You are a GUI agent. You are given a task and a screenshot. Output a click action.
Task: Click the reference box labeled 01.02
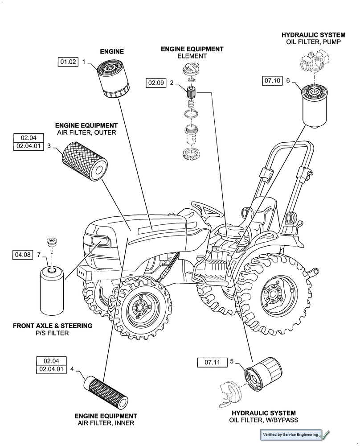(68, 62)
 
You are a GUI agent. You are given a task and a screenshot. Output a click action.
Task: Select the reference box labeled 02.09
(156, 83)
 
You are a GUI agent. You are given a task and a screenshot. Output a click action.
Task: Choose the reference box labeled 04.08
(23, 255)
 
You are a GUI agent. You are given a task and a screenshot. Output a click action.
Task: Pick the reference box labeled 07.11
(213, 362)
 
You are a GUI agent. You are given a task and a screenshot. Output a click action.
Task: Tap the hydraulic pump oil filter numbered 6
(315, 107)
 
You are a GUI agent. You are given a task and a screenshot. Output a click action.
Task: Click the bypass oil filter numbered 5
(262, 377)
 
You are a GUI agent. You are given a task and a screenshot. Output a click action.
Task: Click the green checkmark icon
(325, 434)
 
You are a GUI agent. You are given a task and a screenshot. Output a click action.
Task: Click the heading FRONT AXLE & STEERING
(53, 326)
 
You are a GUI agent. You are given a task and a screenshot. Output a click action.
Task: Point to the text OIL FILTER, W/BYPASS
(264, 420)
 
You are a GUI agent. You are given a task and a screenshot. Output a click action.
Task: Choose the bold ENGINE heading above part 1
(112, 52)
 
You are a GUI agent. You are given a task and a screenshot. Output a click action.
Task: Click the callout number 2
(171, 83)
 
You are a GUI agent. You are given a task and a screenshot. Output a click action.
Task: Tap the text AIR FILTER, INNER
(106, 423)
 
